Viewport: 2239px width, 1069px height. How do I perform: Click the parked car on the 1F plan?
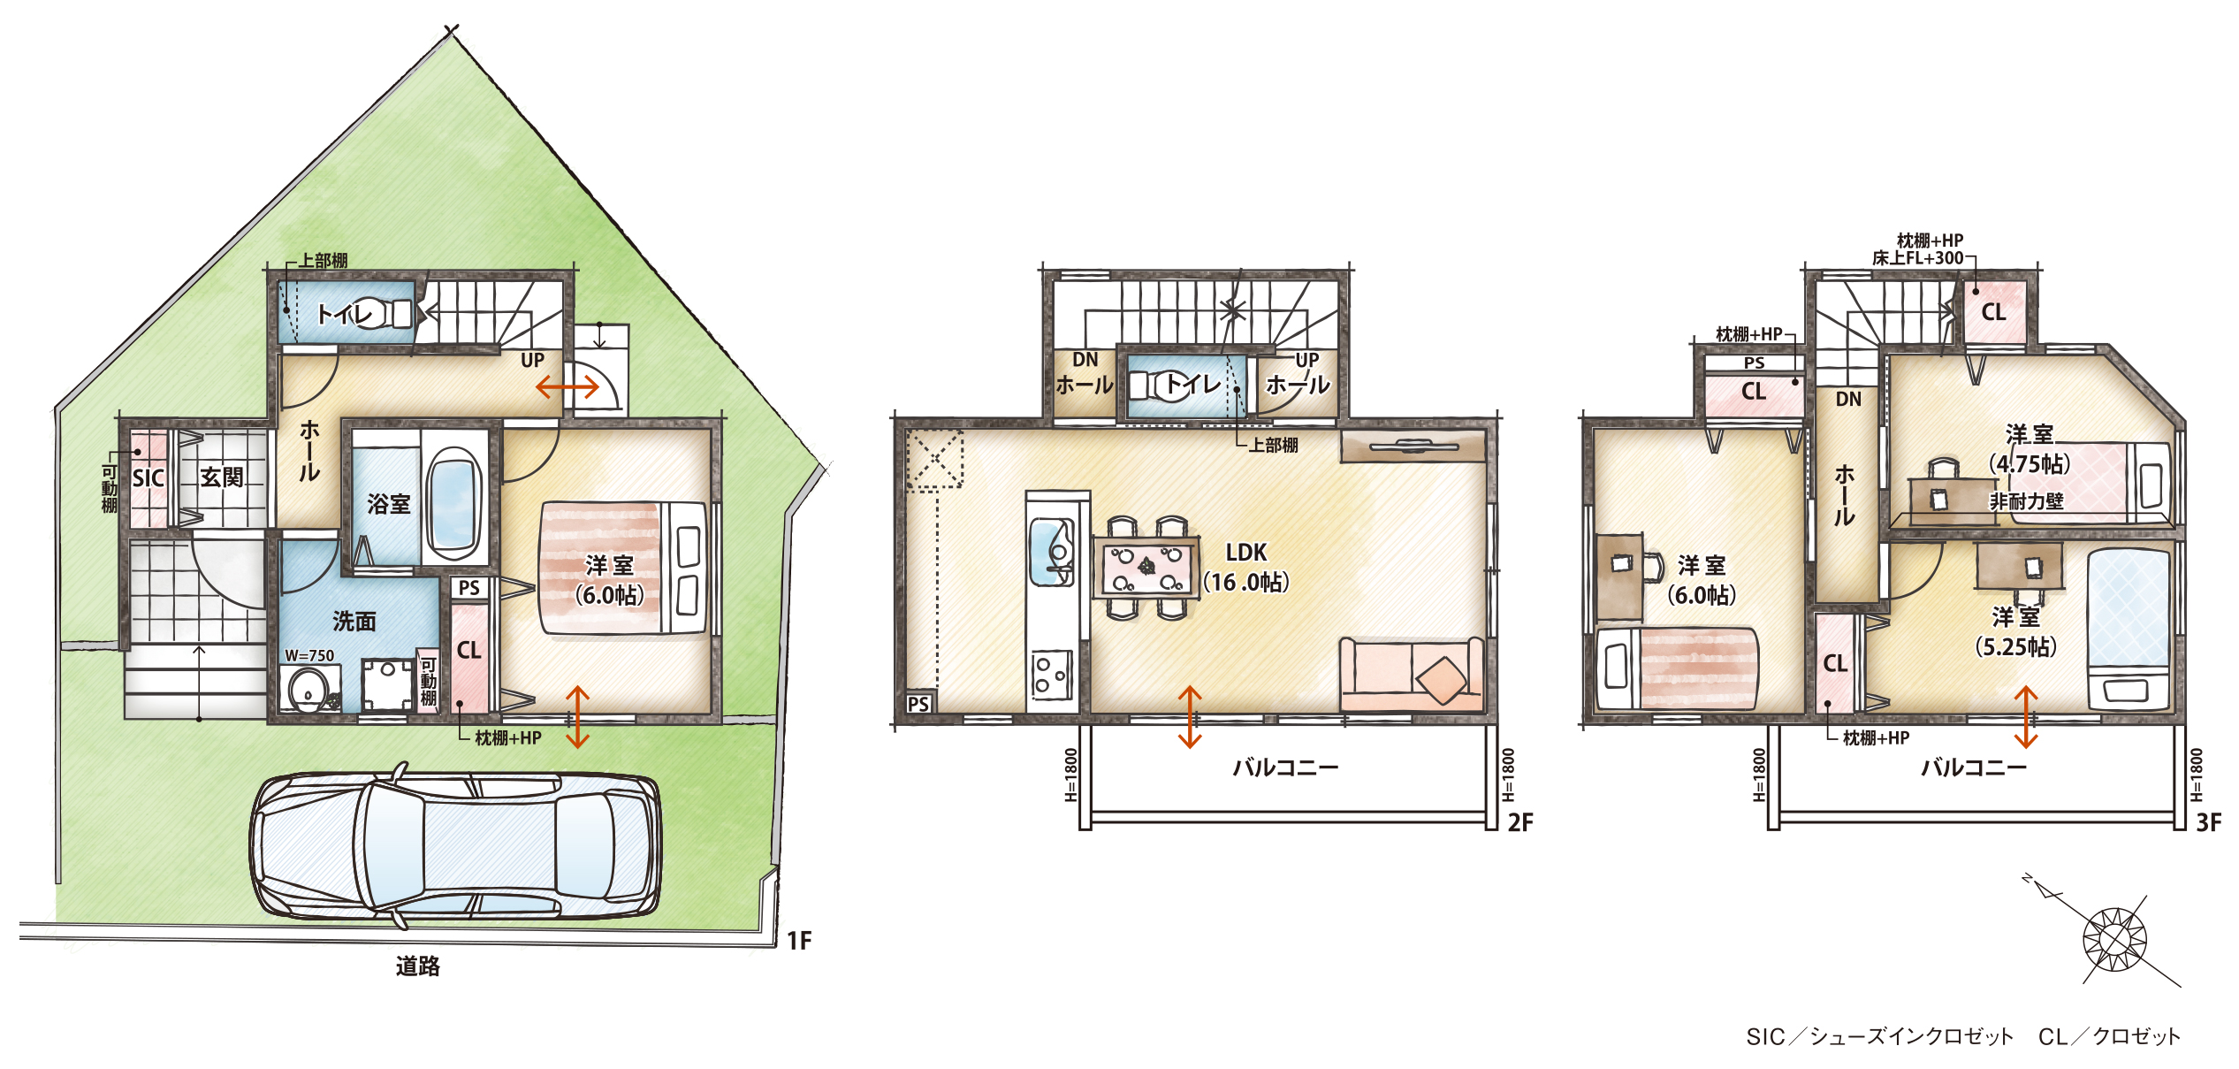(455, 846)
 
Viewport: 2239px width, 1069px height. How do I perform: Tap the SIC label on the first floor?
(149, 478)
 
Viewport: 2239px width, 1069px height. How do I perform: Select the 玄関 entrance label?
(221, 477)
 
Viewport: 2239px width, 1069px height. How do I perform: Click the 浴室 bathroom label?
(389, 504)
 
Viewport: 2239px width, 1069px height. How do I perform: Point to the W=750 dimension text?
(309, 655)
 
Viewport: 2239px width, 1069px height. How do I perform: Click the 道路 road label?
(417, 966)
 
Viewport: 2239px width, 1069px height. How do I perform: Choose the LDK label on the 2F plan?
(1246, 553)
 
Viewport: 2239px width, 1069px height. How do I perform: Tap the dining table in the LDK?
(1146, 568)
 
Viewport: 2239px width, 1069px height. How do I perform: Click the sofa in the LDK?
(1412, 674)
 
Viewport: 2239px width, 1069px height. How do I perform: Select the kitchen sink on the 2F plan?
(1052, 552)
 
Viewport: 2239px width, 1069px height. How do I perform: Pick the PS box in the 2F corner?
(919, 704)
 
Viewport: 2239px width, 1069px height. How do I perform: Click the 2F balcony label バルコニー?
(1285, 767)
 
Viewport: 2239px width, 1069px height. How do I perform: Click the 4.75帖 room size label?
(2030, 464)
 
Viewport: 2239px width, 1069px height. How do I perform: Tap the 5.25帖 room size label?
(2016, 646)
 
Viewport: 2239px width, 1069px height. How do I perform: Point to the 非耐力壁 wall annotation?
(2027, 501)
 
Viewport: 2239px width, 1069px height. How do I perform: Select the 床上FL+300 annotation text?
(1917, 258)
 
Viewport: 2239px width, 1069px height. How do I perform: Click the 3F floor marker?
(2208, 823)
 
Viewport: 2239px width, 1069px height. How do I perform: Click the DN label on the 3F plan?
(1848, 399)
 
